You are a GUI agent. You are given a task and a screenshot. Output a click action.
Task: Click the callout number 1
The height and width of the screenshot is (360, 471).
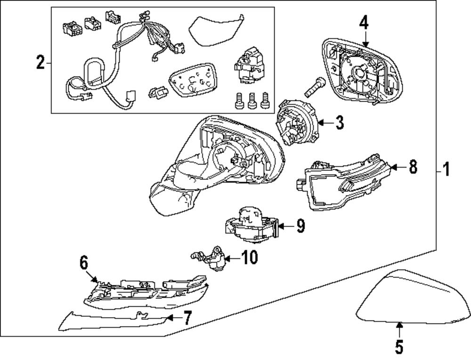(446, 169)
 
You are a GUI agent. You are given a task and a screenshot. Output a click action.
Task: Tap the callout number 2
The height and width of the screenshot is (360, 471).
(41, 62)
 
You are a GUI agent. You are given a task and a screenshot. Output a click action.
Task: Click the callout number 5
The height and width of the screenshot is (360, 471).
(399, 347)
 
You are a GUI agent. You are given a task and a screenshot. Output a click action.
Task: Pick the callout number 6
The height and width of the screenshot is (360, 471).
(83, 264)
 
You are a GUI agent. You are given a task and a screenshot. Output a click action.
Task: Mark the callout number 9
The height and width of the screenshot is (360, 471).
(300, 226)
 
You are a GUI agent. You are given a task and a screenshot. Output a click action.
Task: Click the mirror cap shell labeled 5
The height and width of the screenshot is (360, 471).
(414, 299)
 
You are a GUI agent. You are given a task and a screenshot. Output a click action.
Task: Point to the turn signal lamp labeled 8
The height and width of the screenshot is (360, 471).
(344, 184)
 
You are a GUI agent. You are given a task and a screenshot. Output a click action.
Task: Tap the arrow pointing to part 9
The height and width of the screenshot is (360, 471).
(285, 226)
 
